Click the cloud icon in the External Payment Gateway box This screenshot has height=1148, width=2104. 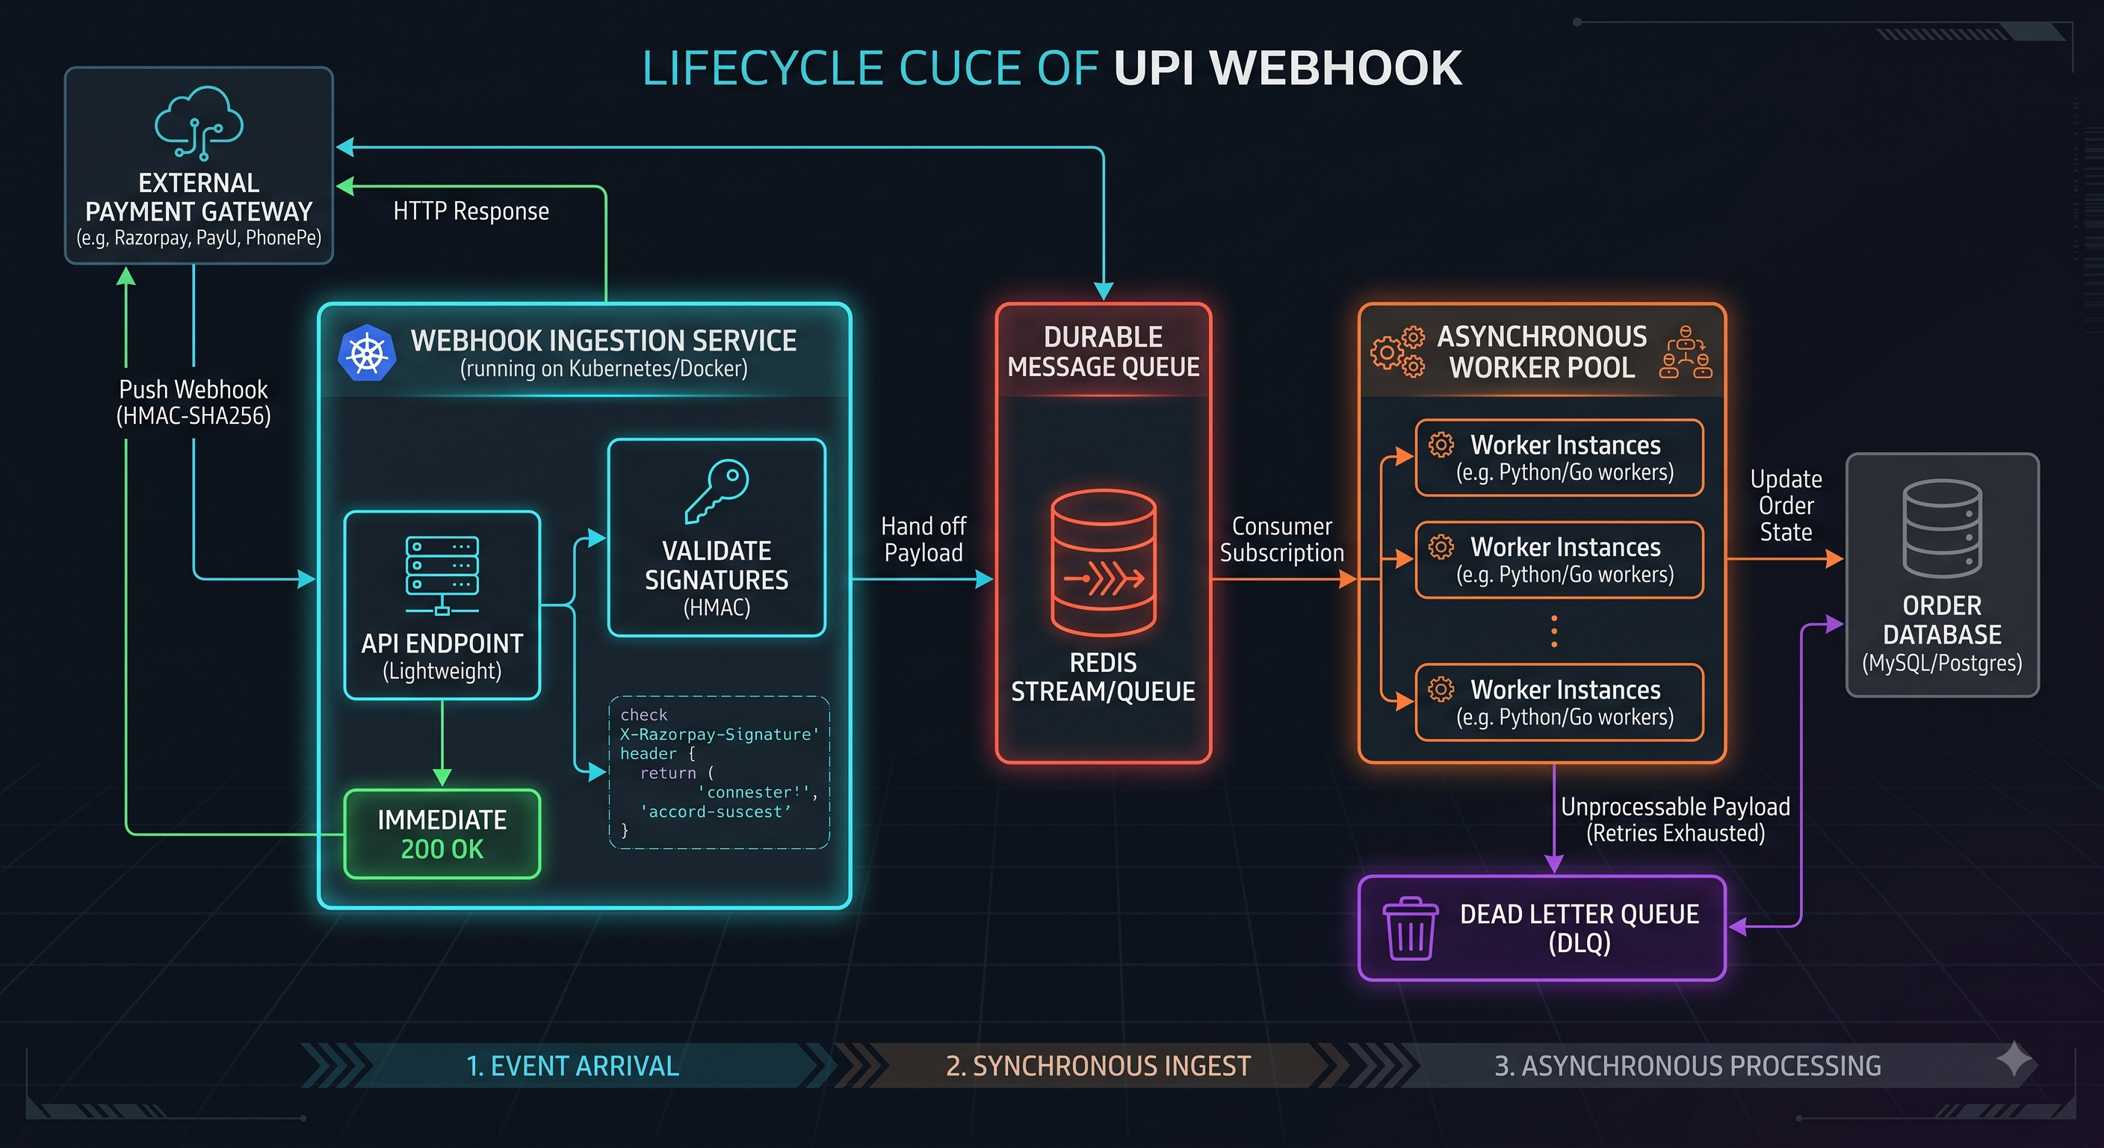(x=199, y=123)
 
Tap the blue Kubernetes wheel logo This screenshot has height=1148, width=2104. (x=367, y=353)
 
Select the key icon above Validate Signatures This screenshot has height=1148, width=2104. (x=717, y=490)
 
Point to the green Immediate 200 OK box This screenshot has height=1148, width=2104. (x=442, y=834)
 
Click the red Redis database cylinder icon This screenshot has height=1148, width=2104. (x=1103, y=562)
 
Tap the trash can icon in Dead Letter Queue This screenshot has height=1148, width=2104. (x=1411, y=928)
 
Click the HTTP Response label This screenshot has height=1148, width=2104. (x=471, y=212)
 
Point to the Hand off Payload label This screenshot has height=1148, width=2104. (x=923, y=540)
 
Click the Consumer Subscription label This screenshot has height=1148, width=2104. (x=1281, y=540)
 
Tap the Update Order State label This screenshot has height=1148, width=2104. (x=1786, y=505)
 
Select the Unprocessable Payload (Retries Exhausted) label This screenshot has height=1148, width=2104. (x=1675, y=820)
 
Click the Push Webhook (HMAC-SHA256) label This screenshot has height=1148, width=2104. (x=194, y=402)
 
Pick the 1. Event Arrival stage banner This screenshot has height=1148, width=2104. (x=572, y=1066)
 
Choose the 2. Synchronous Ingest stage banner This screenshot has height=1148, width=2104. (x=1098, y=1066)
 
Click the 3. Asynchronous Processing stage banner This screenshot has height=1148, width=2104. (x=1687, y=1066)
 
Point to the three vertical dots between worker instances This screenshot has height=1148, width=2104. (x=1553, y=632)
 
